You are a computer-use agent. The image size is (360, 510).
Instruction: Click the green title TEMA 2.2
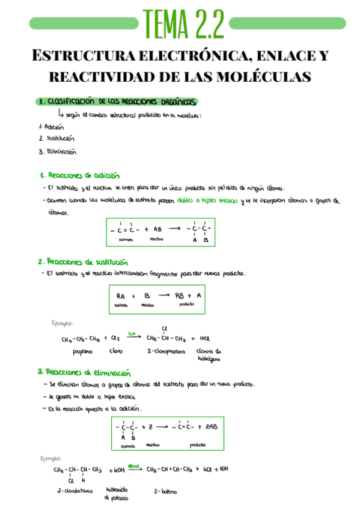(183, 23)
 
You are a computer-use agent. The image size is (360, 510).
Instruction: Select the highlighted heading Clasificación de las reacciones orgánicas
(117, 102)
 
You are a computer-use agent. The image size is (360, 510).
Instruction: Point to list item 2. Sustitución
(56, 139)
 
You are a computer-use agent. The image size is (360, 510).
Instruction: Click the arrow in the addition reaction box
(174, 229)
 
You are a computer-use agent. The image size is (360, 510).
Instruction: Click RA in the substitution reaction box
(121, 295)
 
